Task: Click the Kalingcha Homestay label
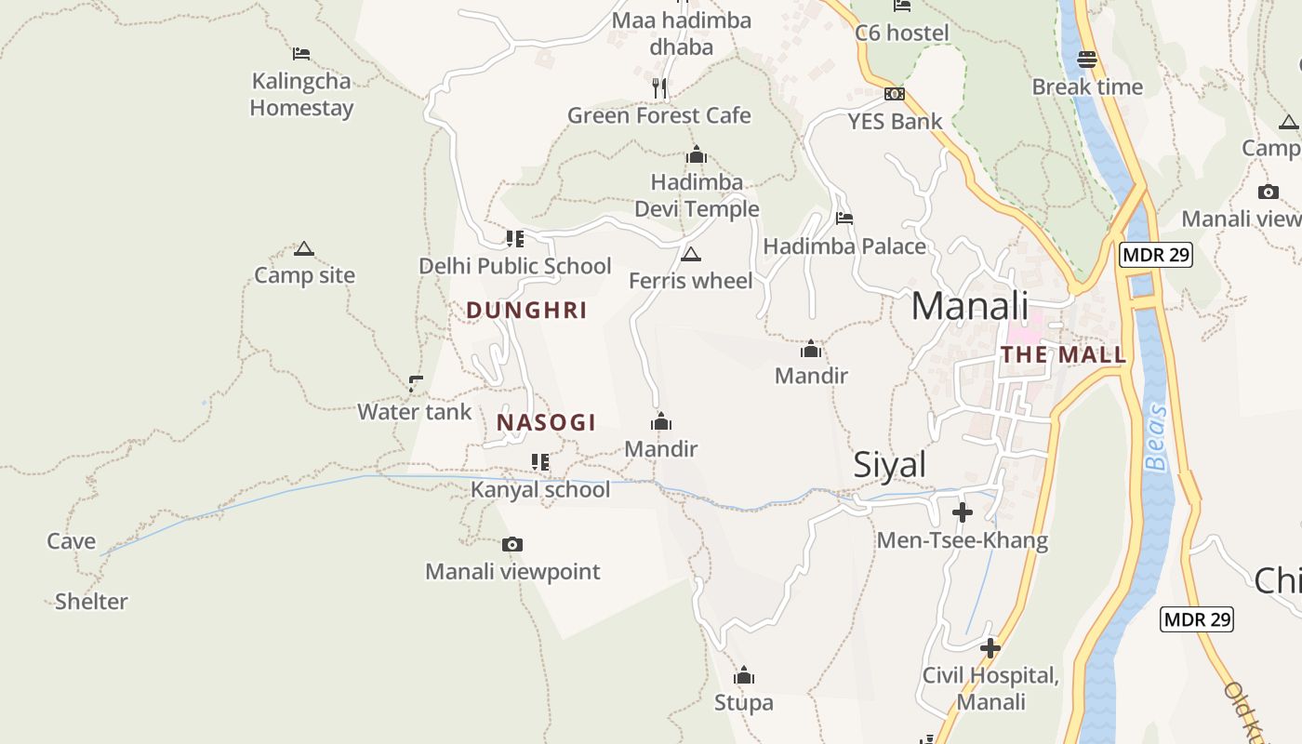[x=301, y=94]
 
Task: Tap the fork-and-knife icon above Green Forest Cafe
[x=659, y=88]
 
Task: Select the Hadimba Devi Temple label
[x=697, y=195]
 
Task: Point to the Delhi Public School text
[x=514, y=266]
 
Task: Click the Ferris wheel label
[x=690, y=280]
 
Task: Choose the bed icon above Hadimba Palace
[x=844, y=219]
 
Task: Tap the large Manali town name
[x=969, y=306]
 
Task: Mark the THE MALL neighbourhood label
[x=1063, y=354]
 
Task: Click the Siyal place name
[x=889, y=465]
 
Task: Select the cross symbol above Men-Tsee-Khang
[x=963, y=512]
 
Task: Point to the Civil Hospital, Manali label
[x=990, y=688]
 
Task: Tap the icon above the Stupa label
[x=744, y=675]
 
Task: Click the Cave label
[x=72, y=541]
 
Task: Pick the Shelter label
[x=91, y=602]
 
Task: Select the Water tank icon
[x=416, y=383]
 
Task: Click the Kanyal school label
[x=540, y=490]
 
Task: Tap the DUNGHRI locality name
[x=526, y=311]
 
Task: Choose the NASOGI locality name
[x=546, y=423]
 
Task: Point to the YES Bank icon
[x=895, y=94]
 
